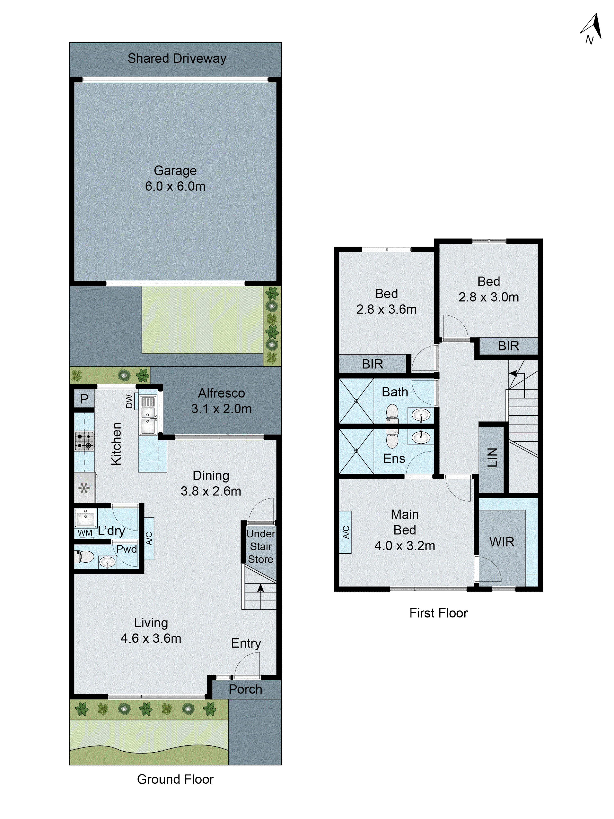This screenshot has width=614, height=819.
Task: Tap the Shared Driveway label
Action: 177,59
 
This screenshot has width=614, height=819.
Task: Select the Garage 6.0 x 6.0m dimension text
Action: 175,186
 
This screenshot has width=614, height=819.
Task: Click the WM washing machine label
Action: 85,533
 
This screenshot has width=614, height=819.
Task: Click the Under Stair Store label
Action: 261,546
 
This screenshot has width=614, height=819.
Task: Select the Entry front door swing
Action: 247,665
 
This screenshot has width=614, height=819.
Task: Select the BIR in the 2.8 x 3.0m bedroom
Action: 508,346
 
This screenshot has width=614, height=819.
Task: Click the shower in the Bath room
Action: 356,401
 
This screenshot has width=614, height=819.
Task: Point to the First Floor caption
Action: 438,613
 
